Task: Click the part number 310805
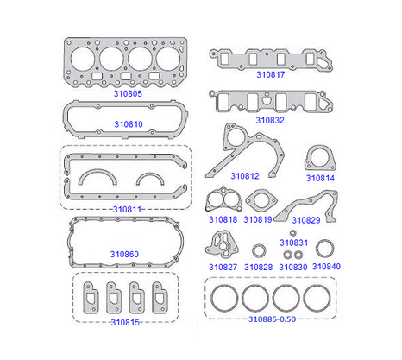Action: [128, 94]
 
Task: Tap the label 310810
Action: [129, 124]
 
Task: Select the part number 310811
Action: [127, 209]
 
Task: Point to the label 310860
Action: [124, 254]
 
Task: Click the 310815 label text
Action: [125, 322]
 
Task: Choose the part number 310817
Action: [271, 75]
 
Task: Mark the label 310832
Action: [270, 120]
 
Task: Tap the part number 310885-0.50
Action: [272, 319]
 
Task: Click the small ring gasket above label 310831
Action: [293, 233]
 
